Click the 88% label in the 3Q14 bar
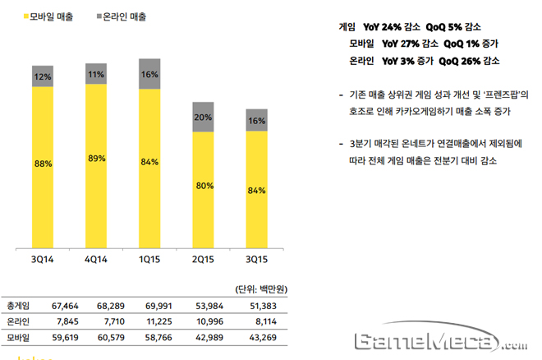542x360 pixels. pyautogui.click(x=44, y=164)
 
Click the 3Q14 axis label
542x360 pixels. pyautogui.click(x=44, y=261)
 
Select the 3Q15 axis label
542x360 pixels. pyautogui.click(x=256, y=261)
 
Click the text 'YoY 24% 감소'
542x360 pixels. pyautogui.click(x=387, y=26)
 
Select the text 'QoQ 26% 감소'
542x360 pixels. pyautogui.click(x=470, y=60)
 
